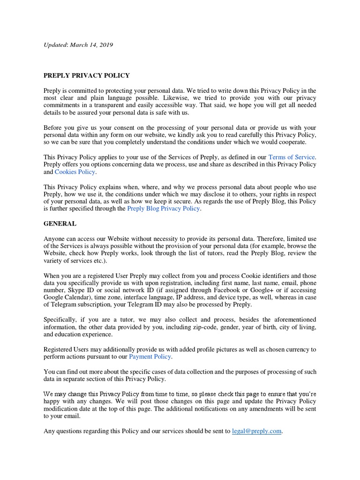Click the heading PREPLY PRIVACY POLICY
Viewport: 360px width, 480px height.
pyautogui.click(x=87, y=75)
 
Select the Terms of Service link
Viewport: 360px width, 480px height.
pyautogui.click(x=292, y=157)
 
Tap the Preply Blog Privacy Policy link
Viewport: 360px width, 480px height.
pyautogui.click(x=164, y=209)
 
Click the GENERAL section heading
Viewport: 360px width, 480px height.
pyautogui.click(x=60, y=224)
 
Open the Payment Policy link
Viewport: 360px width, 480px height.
pyautogui.click(x=150, y=357)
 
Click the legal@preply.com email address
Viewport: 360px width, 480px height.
pyautogui.click(x=257, y=431)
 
